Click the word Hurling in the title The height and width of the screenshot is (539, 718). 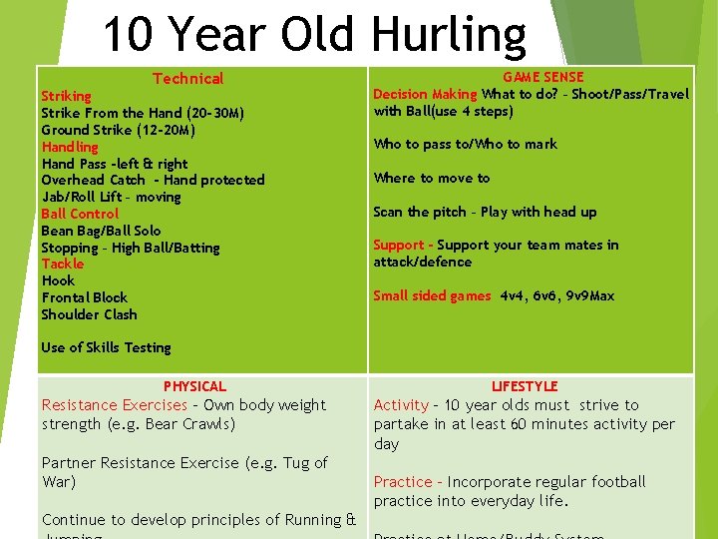tap(449, 35)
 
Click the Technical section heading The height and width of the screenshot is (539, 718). tap(187, 79)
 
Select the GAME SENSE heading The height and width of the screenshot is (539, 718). tap(542, 77)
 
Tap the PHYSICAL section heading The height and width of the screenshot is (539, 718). tap(194, 386)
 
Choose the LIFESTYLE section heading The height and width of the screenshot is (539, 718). tap(525, 386)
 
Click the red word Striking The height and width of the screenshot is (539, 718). tap(66, 96)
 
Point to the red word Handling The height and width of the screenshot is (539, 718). tap(70, 147)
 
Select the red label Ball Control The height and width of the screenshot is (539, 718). tap(80, 214)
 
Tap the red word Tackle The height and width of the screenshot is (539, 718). tap(63, 264)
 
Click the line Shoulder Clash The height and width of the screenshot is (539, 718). tap(89, 314)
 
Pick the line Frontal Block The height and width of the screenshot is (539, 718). tap(85, 297)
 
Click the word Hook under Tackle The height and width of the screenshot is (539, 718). tap(58, 280)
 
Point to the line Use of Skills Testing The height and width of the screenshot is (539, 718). tap(106, 347)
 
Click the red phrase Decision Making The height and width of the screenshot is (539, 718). tap(425, 94)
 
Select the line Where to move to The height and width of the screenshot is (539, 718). tap(432, 178)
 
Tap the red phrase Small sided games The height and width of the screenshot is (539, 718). tap(432, 295)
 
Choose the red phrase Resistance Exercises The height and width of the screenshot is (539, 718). tap(114, 405)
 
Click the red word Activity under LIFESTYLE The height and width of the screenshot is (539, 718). tap(401, 405)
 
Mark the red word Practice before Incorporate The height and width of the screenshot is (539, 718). tap(403, 482)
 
